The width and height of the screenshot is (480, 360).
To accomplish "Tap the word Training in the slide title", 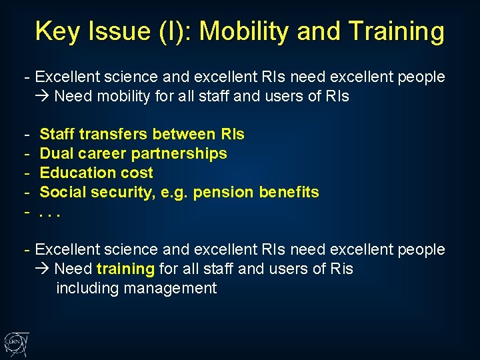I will click(395, 31).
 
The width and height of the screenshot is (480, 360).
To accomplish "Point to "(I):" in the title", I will click(174, 31).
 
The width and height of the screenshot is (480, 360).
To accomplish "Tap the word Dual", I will click(57, 153).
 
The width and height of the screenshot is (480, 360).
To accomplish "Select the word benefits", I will click(289, 192).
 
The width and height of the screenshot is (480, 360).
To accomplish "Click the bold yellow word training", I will click(125, 269).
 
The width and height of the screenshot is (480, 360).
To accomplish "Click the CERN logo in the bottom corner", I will click(15, 343).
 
